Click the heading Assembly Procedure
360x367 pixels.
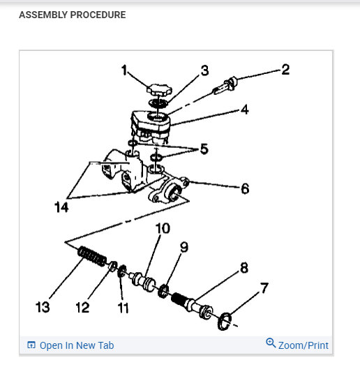click(x=73, y=15)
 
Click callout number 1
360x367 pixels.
click(x=124, y=70)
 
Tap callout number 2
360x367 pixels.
click(x=285, y=69)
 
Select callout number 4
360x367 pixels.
click(x=245, y=109)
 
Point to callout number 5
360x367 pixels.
click(x=203, y=149)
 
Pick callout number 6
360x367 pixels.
click(x=245, y=189)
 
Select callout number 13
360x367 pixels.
click(x=43, y=307)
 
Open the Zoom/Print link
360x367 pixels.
click(x=303, y=345)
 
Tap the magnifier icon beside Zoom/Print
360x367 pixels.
click(x=271, y=343)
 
